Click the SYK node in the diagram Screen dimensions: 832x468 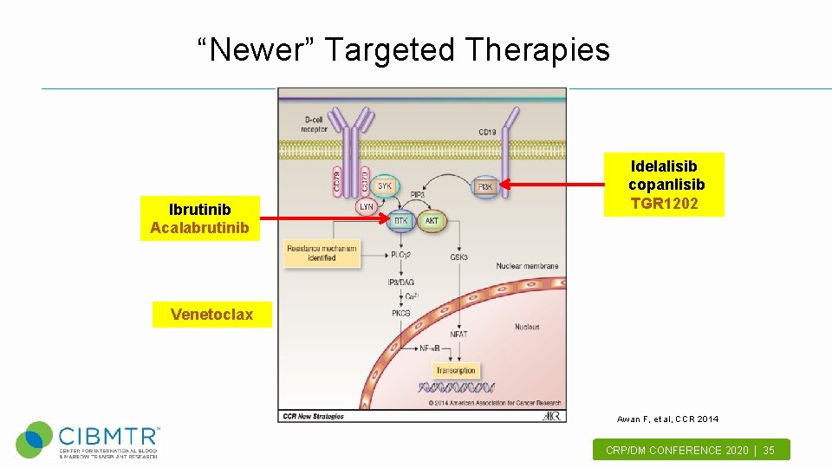tap(385, 186)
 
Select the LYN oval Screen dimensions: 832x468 tap(367, 207)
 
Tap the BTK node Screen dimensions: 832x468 tap(400, 221)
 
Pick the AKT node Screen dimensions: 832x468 tap(432, 221)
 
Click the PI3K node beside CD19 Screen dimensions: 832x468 tap(485, 186)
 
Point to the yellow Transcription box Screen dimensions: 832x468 tap(456, 370)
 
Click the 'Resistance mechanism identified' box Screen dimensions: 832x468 tap(321, 253)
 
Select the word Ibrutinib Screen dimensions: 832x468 tap(199, 209)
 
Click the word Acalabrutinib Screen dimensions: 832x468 tap(199, 228)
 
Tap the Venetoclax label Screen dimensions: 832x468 tap(212, 314)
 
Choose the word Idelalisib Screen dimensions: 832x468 tap(664, 166)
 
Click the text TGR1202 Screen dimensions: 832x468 tap(664, 204)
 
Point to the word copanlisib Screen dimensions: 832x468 tap(666, 185)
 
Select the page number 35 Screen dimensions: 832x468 tap(769, 450)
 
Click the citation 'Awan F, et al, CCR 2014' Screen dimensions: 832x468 tap(667, 419)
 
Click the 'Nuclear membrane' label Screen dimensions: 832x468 tap(527, 266)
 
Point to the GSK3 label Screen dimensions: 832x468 tap(459, 257)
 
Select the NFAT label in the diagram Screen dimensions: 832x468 tap(459, 334)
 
